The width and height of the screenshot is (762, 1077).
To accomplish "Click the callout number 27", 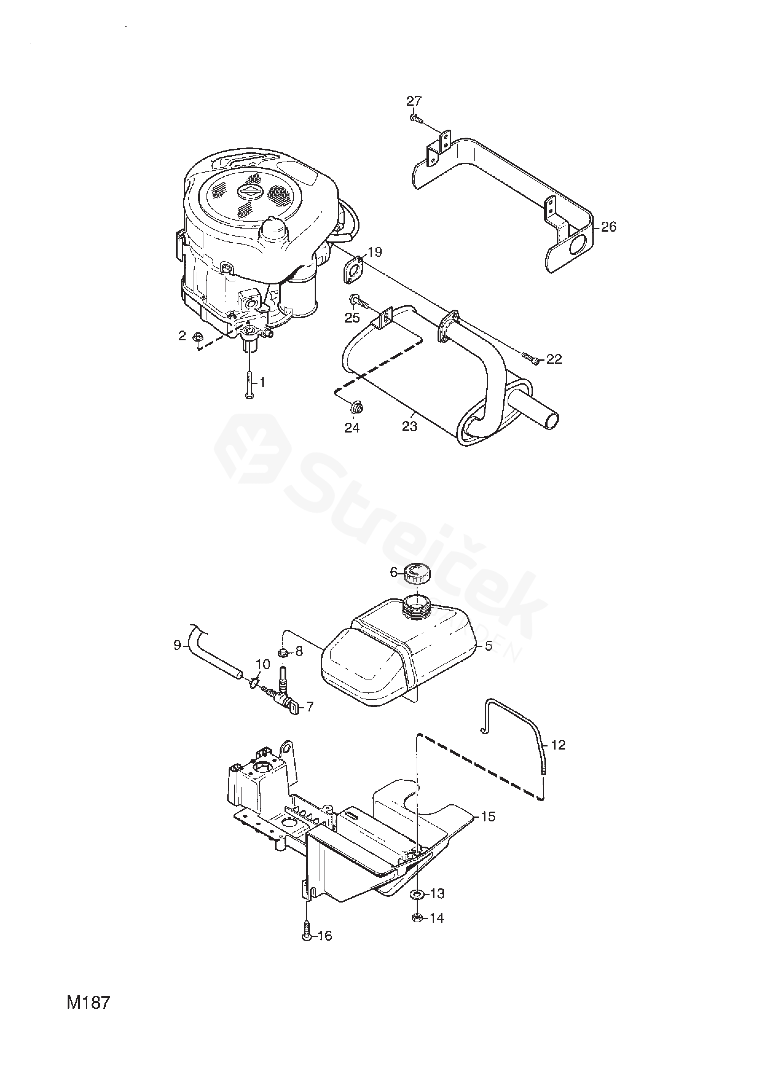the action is tap(414, 101).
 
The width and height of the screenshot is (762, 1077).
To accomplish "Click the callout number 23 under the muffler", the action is tap(409, 427).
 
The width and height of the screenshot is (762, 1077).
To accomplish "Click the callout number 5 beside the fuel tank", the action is tap(489, 646).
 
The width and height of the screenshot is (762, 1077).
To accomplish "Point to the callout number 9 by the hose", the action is tap(177, 645).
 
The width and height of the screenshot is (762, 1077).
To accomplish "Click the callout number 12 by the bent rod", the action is tap(558, 745).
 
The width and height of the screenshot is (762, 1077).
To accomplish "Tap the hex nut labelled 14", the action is tap(416, 918).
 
